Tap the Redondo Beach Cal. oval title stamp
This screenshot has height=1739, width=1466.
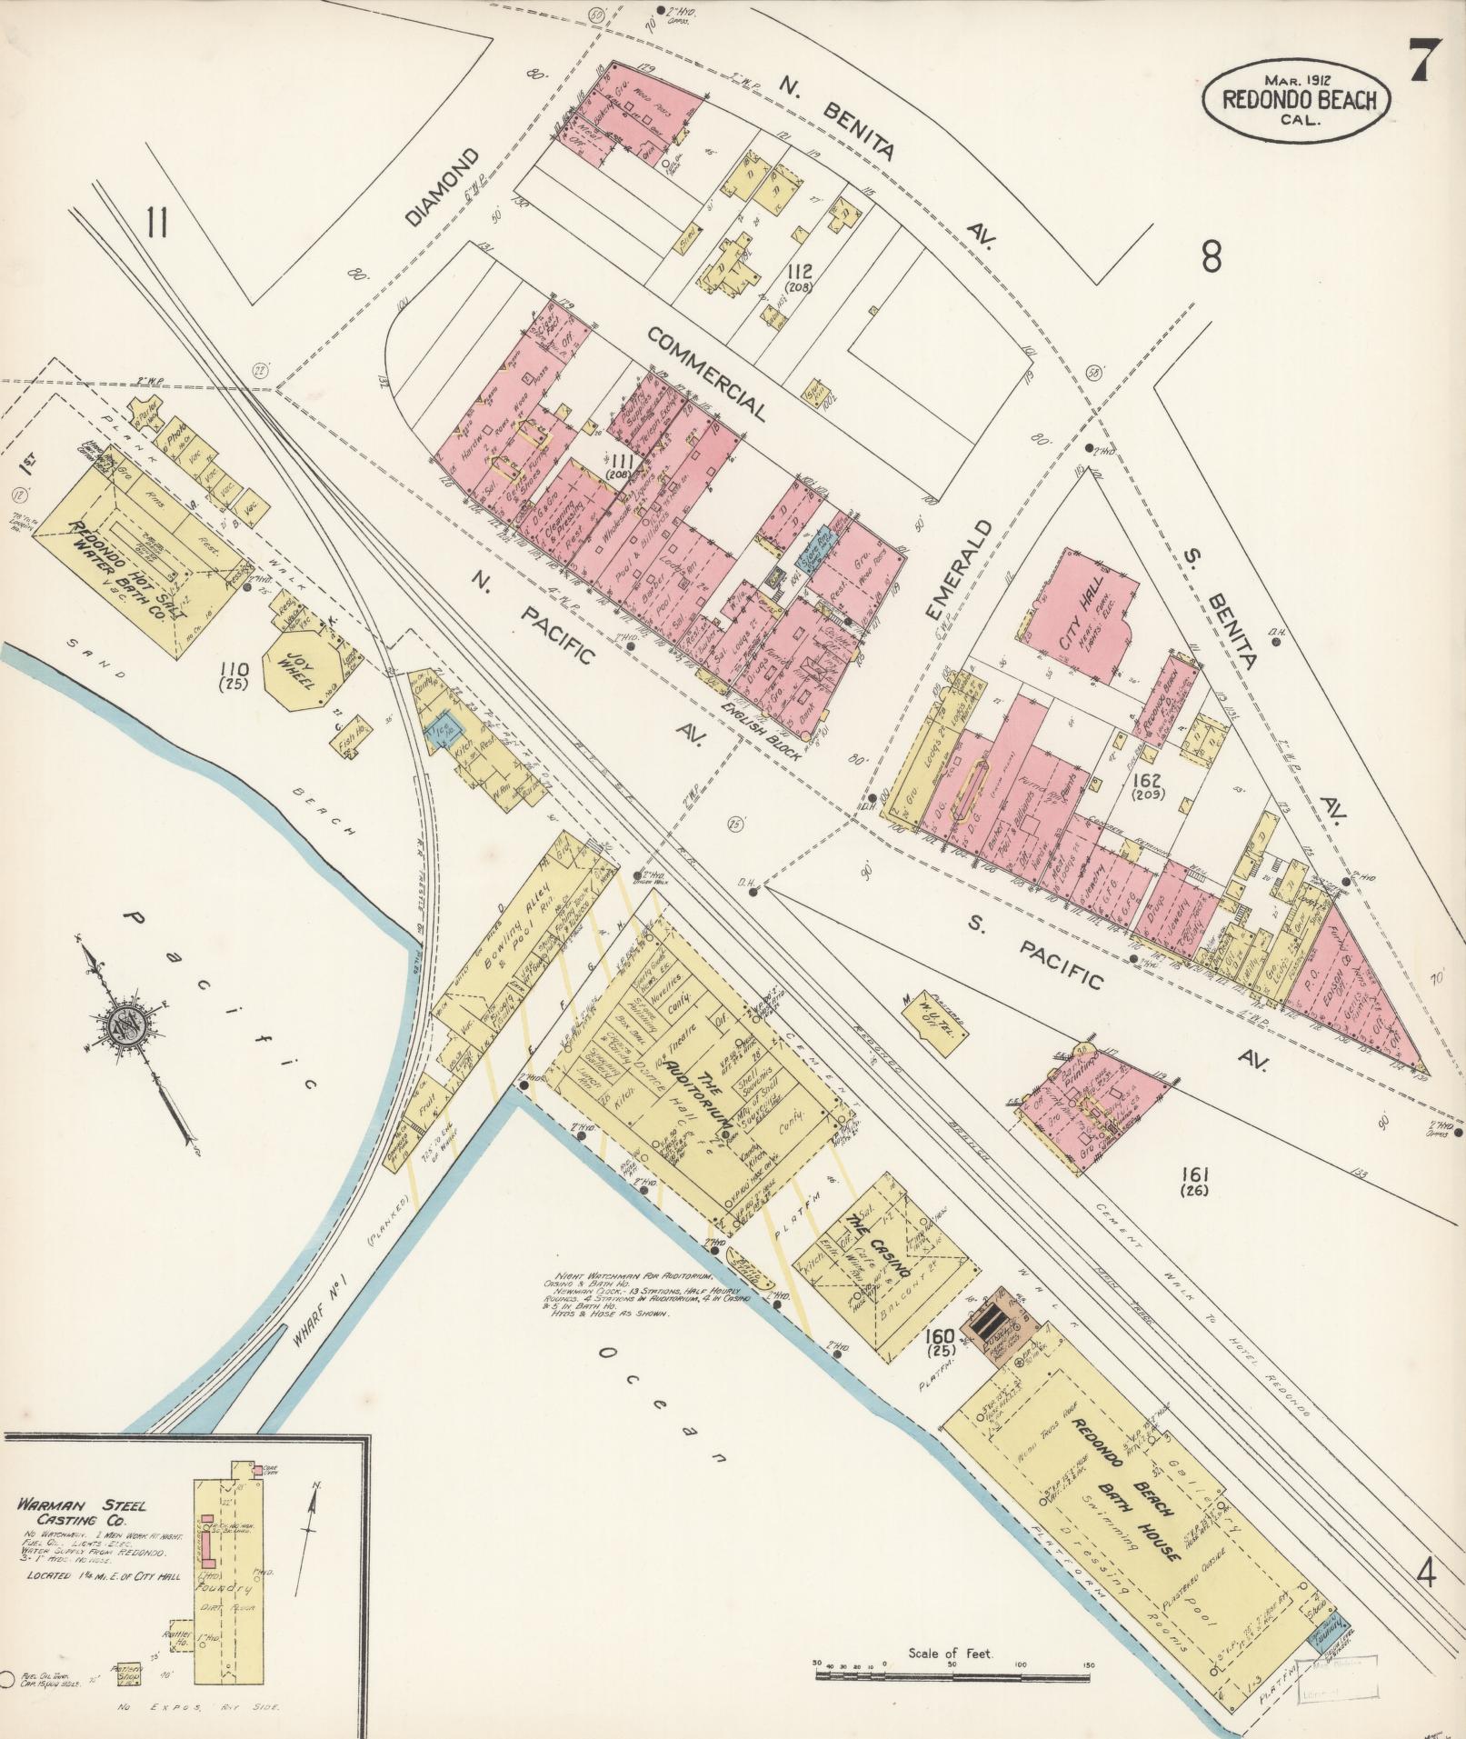click(x=1296, y=100)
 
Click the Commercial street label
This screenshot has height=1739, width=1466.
click(x=707, y=374)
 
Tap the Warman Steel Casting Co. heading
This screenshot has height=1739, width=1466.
click(x=82, y=1513)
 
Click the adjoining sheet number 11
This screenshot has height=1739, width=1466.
click(x=156, y=222)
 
